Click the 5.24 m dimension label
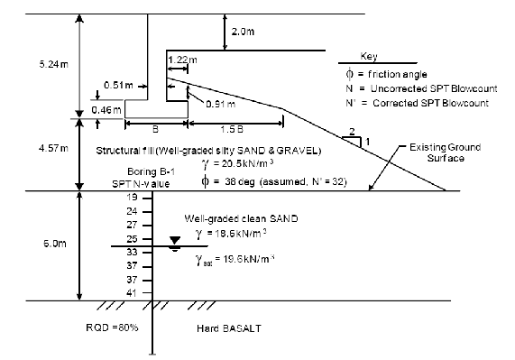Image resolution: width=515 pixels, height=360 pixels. (x=54, y=64)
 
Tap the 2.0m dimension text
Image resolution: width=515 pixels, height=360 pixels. (x=243, y=32)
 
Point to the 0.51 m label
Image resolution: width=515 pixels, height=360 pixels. (x=118, y=86)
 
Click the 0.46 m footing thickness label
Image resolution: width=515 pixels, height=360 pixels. (x=106, y=110)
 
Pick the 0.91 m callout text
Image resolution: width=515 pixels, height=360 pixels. (x=221, y=104)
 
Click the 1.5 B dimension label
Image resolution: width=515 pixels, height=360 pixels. (x=232, y=129)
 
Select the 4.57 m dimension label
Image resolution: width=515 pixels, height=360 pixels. (x=53, y=149)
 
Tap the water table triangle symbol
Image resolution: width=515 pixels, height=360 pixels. (x=175, y=241)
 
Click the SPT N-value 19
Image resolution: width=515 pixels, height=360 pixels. (x=132, y=198)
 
